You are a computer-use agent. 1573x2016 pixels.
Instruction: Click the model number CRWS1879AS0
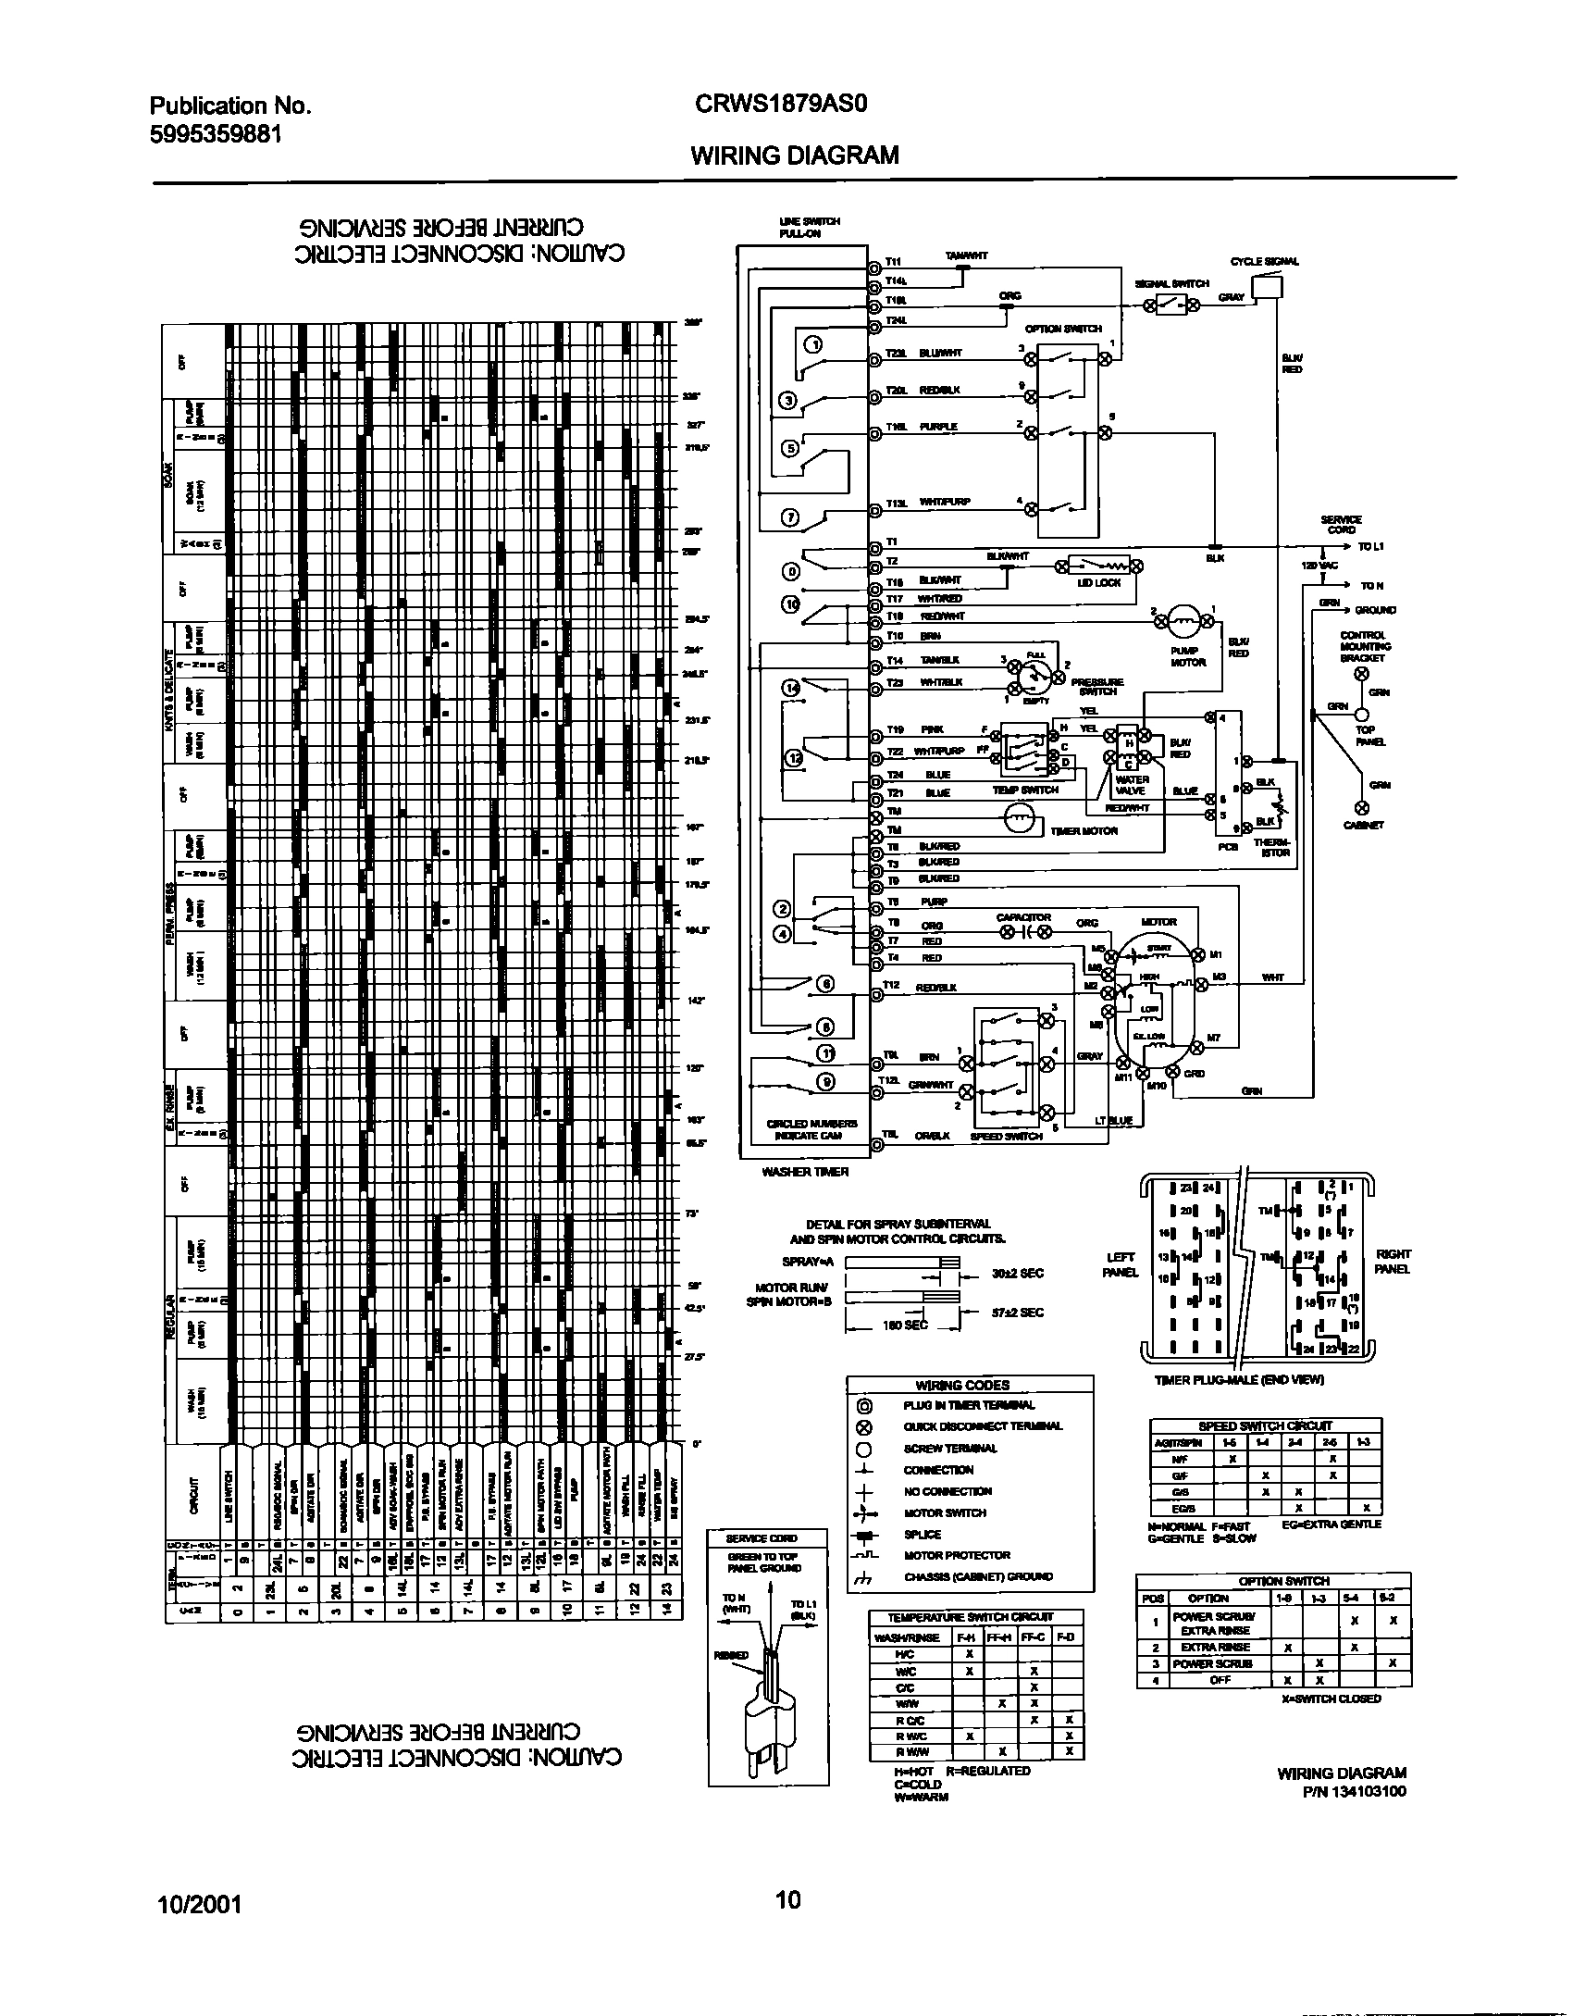[779, 105]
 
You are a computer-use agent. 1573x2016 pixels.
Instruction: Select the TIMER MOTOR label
[1084, 831]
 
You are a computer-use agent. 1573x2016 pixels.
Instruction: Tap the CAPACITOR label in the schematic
[1022, 918]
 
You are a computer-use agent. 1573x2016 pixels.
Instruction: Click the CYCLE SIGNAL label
[1264, 262]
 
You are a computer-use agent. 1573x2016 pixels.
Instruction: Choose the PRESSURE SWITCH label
[1097, 687]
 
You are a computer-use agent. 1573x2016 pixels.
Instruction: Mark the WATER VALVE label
[1132, 786]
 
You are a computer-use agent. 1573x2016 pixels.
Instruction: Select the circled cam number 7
[790, 518]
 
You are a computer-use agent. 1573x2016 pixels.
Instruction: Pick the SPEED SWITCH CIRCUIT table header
[1265, 1426]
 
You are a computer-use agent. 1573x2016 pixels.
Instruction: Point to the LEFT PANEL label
[1121, 1264]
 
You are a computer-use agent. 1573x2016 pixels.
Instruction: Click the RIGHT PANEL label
[1393, 1261]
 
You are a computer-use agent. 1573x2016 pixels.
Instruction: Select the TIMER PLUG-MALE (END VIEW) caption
[1239, 1379]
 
